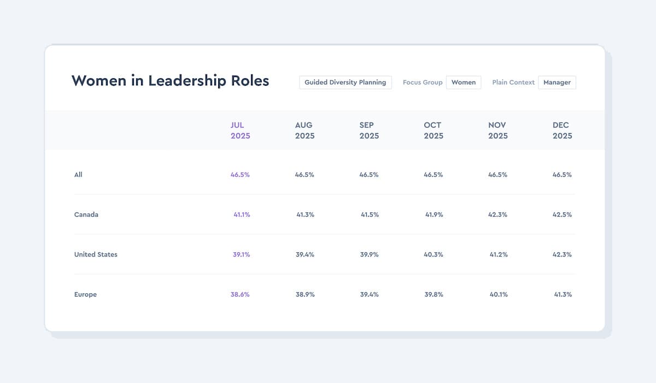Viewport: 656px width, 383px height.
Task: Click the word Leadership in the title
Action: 187,81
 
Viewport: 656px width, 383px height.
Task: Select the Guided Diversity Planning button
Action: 345,82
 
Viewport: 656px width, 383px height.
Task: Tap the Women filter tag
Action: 464,82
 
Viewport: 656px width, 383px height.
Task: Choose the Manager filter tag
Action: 557,82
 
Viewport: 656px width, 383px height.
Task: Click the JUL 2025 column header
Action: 240,130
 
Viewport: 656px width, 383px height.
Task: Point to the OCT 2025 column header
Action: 434,130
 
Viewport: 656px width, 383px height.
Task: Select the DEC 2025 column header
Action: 563,130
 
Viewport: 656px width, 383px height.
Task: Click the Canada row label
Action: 86,214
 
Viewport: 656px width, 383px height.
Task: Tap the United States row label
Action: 96,254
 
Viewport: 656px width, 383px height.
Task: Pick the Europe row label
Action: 85,294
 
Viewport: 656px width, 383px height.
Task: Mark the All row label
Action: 78,175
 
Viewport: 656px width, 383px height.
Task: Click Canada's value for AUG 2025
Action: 305,214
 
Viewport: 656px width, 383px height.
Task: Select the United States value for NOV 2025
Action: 499,254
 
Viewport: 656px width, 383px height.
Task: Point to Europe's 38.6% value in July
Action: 240,294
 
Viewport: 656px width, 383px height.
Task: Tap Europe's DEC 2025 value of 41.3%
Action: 563,294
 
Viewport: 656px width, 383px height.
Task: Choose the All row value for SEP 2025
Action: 368,175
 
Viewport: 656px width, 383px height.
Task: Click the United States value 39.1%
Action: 241,254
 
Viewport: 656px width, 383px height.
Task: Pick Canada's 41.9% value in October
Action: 434,214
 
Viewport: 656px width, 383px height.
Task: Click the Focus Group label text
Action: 423,82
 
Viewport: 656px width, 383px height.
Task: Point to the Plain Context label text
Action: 513,82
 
